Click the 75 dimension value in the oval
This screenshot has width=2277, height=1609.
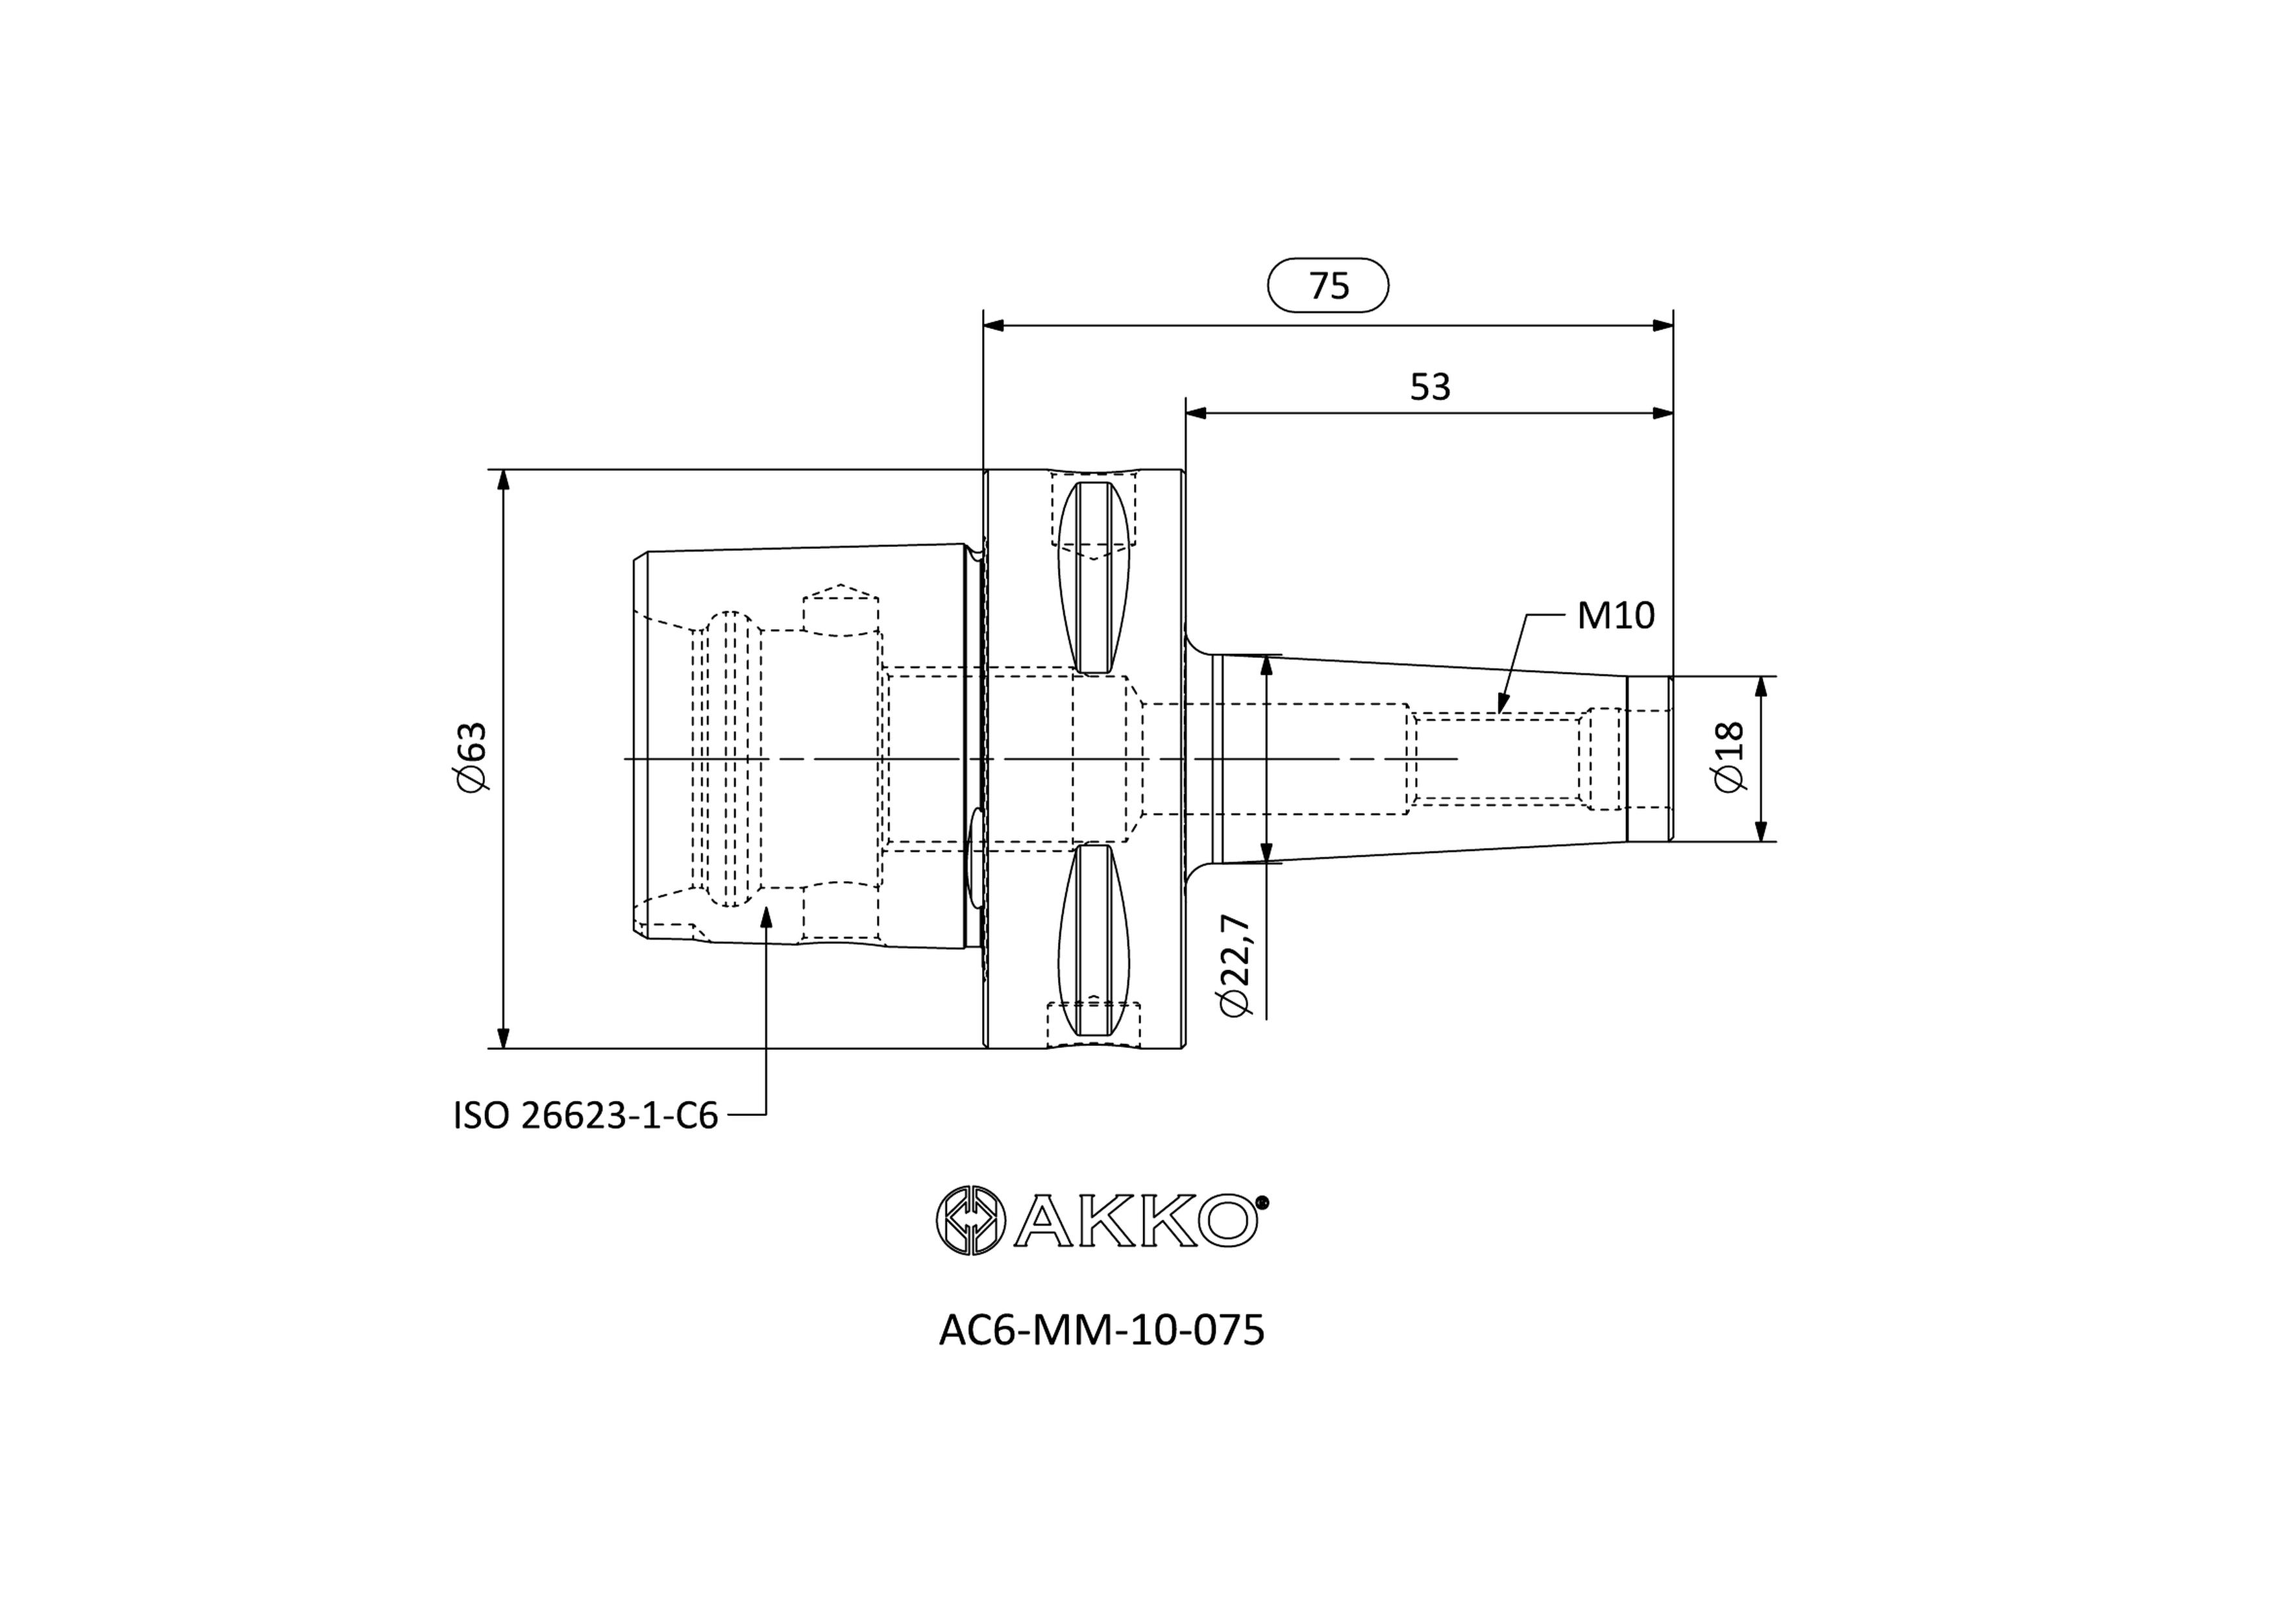(x=1329, y=285)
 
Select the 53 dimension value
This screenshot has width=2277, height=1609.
(x=1430, y=387)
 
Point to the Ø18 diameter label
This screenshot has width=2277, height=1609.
(x=1729, y=756)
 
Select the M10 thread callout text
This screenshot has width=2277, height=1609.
(x=1616, y=616)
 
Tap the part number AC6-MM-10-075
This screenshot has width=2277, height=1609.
(x=1102, y=1331)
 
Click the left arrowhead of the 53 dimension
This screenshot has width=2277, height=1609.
(x=1197, y=413)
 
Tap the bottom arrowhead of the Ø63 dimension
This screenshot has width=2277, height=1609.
(x=503, y=1036)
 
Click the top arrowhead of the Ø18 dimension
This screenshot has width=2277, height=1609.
(x=1762, y=688)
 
